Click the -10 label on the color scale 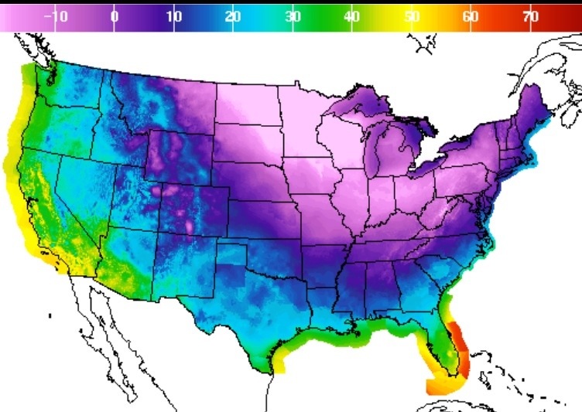click(x=59, y=16)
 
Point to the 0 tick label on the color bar click(x=114, y=16)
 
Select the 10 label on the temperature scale click(x=173, y=16)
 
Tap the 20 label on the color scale click(x=232, y=16)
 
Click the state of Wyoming click(x=182, y=158)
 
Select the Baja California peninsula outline click(x=97, y=325)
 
